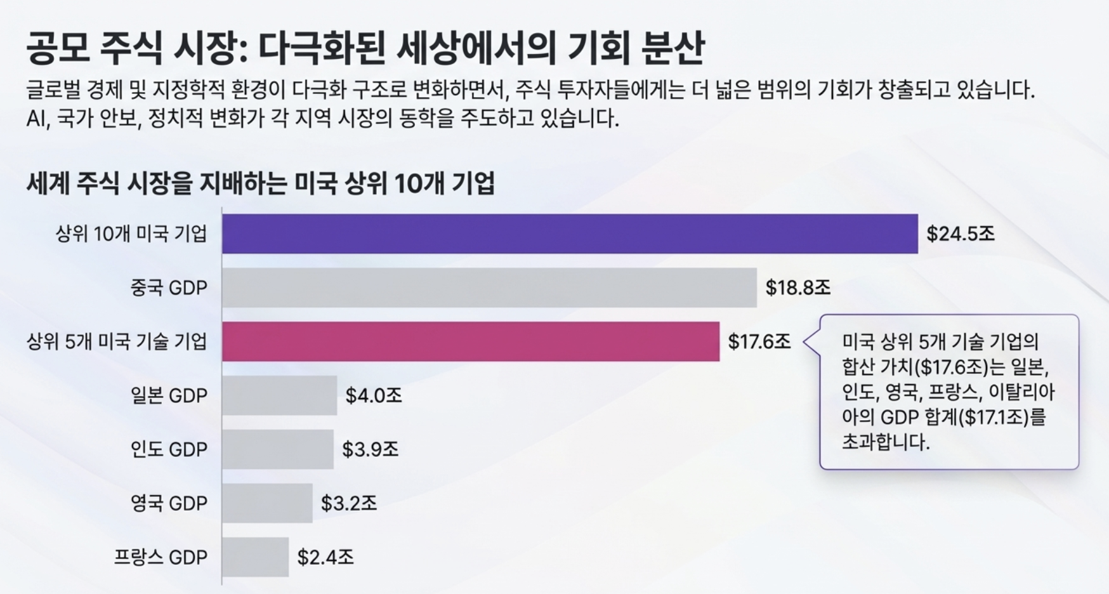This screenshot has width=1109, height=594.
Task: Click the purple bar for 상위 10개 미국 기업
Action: coord(570,234)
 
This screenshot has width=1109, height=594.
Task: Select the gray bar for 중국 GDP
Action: coord(489,287)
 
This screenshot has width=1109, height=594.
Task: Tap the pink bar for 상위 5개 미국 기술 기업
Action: coord(471,341)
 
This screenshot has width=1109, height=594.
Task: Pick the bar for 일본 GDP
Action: coord(279,395)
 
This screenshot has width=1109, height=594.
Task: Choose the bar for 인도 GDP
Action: coord(277,449)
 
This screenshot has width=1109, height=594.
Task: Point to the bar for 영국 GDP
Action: coord(267,503)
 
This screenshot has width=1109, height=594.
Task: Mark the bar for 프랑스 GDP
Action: coord(255,557)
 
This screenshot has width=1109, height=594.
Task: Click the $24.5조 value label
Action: coord(961,234)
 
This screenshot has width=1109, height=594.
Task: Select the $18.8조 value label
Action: coord(797,288)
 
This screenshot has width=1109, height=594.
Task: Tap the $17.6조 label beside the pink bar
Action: coord(759,342)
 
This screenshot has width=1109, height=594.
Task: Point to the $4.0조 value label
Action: coord(374,396)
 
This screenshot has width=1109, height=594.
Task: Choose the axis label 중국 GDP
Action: coord(169,288)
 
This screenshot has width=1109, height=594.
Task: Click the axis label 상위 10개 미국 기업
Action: coord(131,234)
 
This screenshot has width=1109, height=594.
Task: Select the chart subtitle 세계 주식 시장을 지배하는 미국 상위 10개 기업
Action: coord(260,183)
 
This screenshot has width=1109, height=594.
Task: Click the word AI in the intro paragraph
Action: coord(37,119)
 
